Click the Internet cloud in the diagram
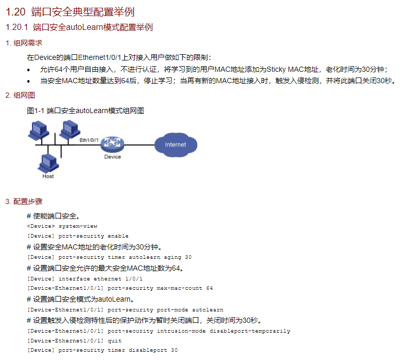click(176, 145)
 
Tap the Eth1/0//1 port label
click(89, 140)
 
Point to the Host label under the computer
click(48, 176)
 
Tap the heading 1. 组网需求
click(24, 43)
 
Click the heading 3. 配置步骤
click(24, 201)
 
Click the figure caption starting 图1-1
click(85, 111)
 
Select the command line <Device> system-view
click(62, 226)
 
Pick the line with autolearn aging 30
click(109, 257)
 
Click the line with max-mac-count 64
click(120, 288)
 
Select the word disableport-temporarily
click(250, 331)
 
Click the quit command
click(115, 341)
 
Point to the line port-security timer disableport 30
click(102, 351)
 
